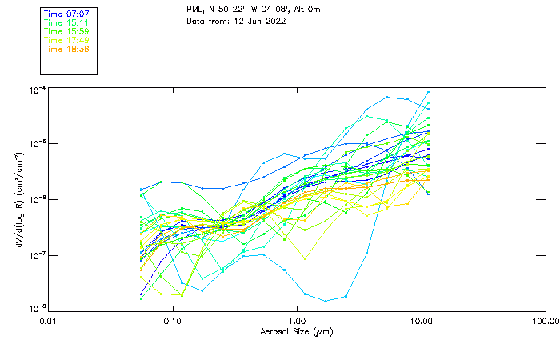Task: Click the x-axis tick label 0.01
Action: click(49, 321)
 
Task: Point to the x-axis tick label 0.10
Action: click(173, 321)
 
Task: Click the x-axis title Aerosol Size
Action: click(296, 331)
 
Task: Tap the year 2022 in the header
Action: click(274, 21)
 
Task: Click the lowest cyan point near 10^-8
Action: click(326, 301)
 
